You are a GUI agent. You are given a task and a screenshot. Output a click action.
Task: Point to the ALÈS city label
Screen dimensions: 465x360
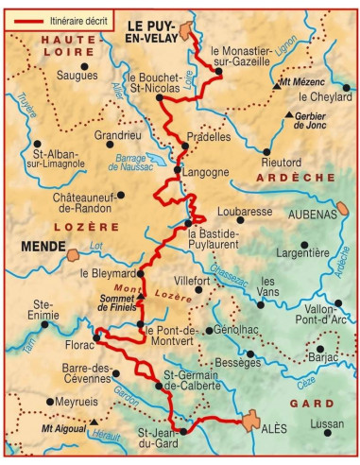pos(274,428)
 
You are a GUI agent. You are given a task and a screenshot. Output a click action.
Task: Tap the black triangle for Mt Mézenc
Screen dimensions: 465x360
pos(274,83)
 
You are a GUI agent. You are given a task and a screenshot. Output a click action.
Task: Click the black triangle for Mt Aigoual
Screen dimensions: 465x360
pos(93,422)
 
